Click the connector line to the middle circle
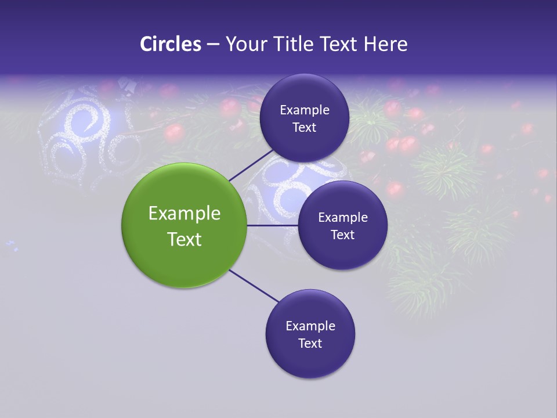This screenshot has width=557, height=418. [x=273, y=225]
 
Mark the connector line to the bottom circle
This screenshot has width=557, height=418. [x=254, y=286]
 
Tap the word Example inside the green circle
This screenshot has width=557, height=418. [x=184, y=213]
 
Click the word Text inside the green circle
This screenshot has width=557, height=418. [x=184, y=239]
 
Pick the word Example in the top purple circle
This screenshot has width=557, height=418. [x=304, y=110]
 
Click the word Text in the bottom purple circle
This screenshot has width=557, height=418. [x=310, y=343]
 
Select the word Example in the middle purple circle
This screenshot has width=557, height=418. [x=342, y=217]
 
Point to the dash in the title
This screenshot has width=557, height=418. [x=212, y=45]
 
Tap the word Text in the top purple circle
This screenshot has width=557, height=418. [x=304, y=127]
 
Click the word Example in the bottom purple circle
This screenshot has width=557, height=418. [x=310, y=326]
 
